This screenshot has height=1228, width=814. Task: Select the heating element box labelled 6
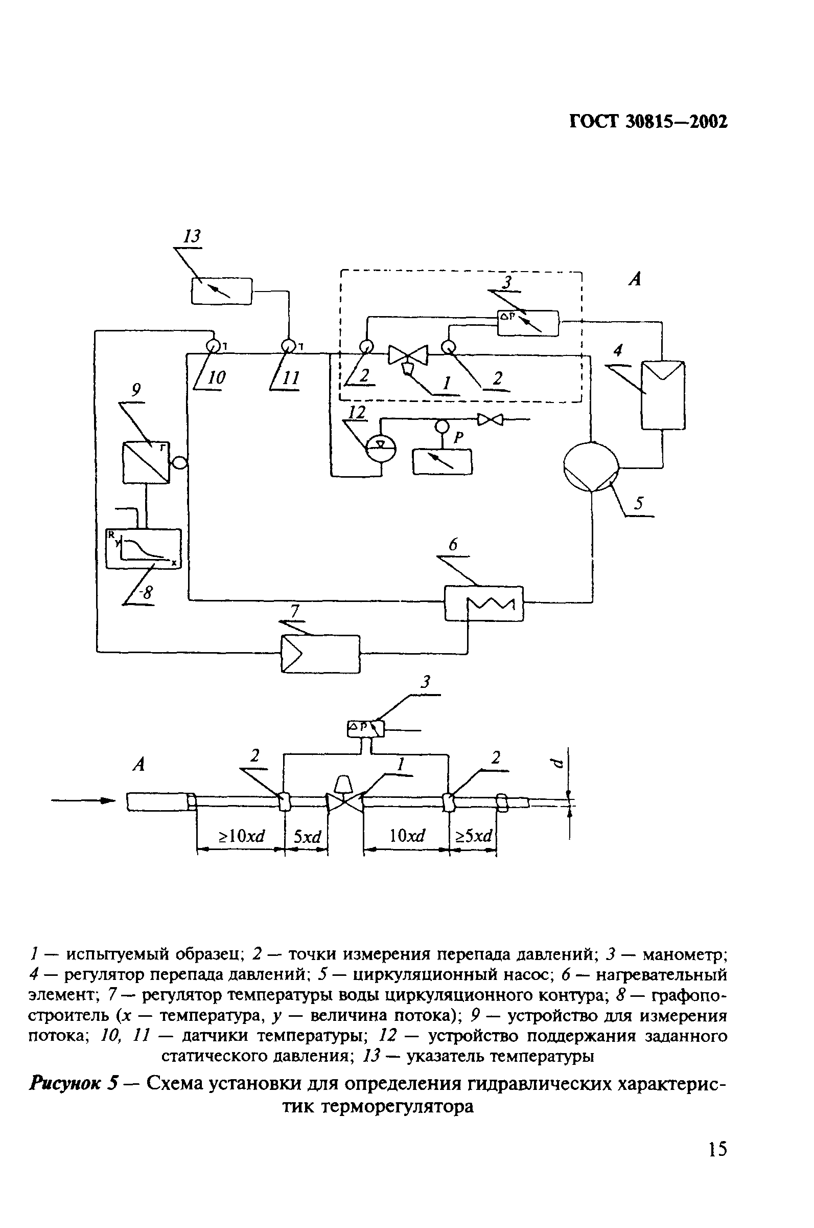(483, 603)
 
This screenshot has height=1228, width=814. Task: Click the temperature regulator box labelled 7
(320, 654)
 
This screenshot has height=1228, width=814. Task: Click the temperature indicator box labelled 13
(222, 291)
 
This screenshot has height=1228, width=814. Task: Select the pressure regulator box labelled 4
(663, 395)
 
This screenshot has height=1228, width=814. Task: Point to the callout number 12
(357, 412)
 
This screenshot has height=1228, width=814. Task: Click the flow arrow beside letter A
(83, 800)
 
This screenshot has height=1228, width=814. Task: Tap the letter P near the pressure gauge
(458, 438)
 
